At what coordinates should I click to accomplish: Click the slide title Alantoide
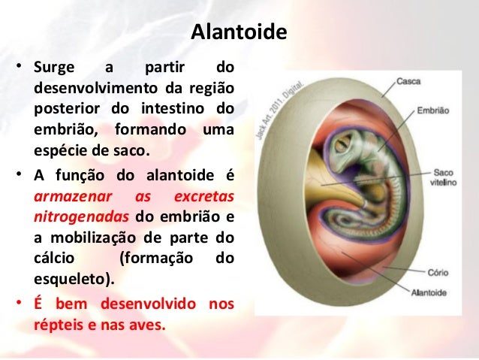tap(239, 33)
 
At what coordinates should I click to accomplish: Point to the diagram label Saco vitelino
tap(439, 177)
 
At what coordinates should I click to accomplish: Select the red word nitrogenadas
tap(76, 218)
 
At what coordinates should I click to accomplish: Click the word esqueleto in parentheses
tap(71, 280)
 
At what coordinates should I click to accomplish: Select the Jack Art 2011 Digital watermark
tap(285, 101)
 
